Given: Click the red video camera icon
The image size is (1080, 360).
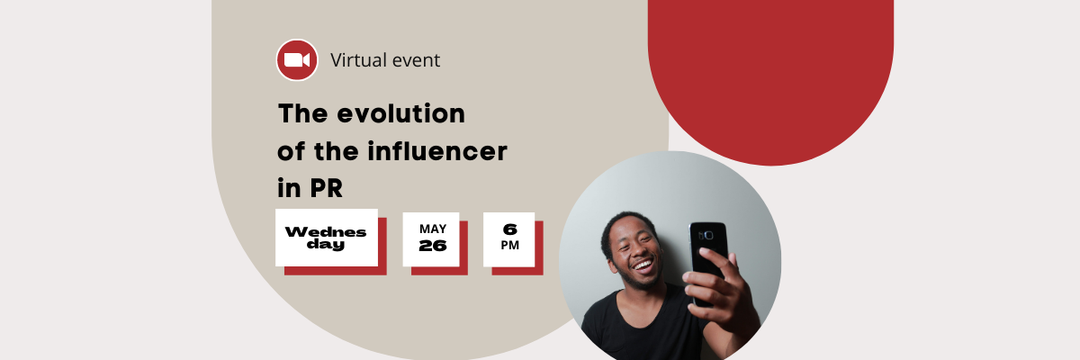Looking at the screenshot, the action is click(x=297, y=60).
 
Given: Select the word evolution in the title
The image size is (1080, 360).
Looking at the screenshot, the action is click(x=401, y=113).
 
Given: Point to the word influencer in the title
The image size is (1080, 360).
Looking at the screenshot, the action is click(x=437, y=151).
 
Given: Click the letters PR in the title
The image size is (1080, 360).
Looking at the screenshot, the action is click(x=327, y=188).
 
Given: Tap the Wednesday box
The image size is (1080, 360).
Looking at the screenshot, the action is click(x=327, y=238).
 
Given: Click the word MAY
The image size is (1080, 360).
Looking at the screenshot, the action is click(x=433, y=229).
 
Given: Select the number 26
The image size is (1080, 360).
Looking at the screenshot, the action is click(x=433, y=246).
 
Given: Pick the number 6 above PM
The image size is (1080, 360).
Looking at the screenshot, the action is click(x=509, y=229).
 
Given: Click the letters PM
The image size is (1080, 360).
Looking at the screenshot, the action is click(x=509, y=246).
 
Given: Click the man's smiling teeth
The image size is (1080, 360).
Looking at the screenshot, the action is click(x=643, y=265).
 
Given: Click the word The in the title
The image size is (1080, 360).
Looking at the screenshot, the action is click(x=303, y=113).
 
